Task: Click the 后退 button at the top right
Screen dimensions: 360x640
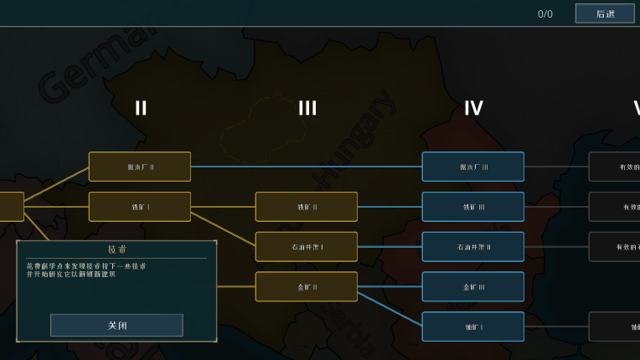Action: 605,13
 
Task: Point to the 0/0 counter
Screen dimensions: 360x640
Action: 545,14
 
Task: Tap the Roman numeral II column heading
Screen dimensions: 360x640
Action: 141,108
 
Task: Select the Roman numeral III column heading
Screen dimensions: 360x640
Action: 307,108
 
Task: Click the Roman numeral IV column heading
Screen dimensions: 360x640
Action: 473,108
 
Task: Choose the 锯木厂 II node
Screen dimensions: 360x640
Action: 140,167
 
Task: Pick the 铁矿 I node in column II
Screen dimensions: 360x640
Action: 140,207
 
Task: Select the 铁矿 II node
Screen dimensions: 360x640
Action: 307,207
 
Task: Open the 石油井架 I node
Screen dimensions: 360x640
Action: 307,247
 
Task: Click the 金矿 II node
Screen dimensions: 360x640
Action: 307,286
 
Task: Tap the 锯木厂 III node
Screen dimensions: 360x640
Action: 473,167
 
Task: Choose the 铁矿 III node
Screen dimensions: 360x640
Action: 473,207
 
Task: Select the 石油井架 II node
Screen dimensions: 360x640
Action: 473,247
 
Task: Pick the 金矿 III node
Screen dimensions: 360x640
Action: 473,286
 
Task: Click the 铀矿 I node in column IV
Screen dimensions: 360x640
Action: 473,327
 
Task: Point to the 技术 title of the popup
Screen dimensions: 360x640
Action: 116,249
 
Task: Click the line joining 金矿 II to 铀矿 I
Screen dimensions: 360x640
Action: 390,306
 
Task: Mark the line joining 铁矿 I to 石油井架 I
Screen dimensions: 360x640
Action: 223,227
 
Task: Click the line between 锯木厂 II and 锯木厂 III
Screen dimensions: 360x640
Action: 307,167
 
